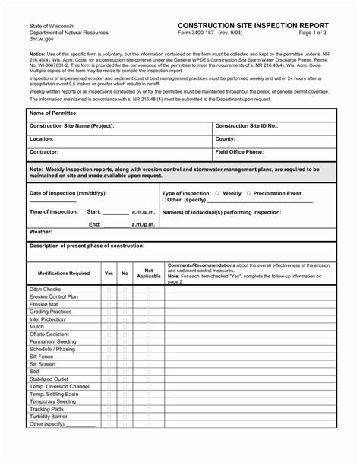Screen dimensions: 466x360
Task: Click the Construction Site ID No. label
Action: [247, 125]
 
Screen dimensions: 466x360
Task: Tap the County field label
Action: [226, 139]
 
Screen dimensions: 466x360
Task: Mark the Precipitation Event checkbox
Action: [248, 193]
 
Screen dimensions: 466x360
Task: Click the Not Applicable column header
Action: [148, 273]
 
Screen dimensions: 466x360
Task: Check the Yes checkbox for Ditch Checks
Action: [109, 290]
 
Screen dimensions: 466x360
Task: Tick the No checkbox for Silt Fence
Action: [125, 357]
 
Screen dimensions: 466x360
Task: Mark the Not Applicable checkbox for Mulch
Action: [148, 327]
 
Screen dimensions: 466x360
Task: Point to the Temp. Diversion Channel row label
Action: [59, 386]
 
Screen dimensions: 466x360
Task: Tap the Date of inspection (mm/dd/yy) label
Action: [68, 193]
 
